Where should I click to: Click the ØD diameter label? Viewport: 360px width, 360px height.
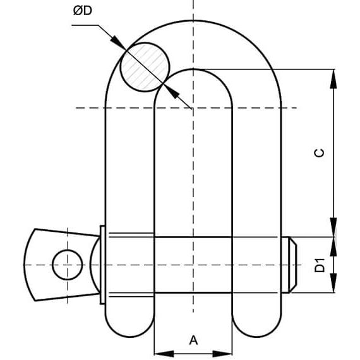click(87, 13)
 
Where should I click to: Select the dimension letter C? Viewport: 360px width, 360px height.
click(320, 152)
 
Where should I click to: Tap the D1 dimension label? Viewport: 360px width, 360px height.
click(320, 265)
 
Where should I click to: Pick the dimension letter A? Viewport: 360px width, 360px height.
click(194, 340)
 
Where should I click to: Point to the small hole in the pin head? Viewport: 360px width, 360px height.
click(66, 264)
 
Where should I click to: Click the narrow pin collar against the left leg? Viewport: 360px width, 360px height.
click(101, 264)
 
